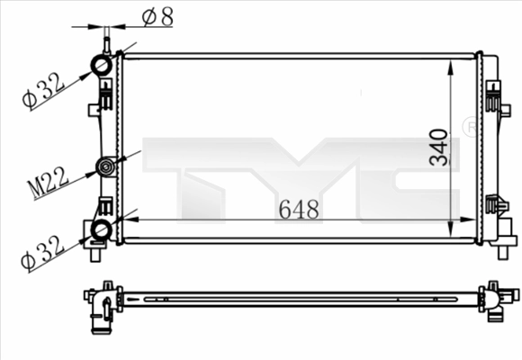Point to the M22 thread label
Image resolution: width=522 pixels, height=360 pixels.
click(47, 182)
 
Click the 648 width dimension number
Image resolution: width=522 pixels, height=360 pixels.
click(298, 210)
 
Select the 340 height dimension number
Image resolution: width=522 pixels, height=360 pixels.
click(438, 147)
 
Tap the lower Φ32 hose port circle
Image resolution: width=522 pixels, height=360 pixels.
click(101, 230)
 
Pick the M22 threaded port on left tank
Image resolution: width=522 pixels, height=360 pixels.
click(107, 166)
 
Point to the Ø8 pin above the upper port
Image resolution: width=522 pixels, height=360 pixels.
click(106, 40)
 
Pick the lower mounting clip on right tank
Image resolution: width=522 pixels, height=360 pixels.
click(493, 205)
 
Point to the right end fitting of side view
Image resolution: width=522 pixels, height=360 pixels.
click(494, 301)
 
